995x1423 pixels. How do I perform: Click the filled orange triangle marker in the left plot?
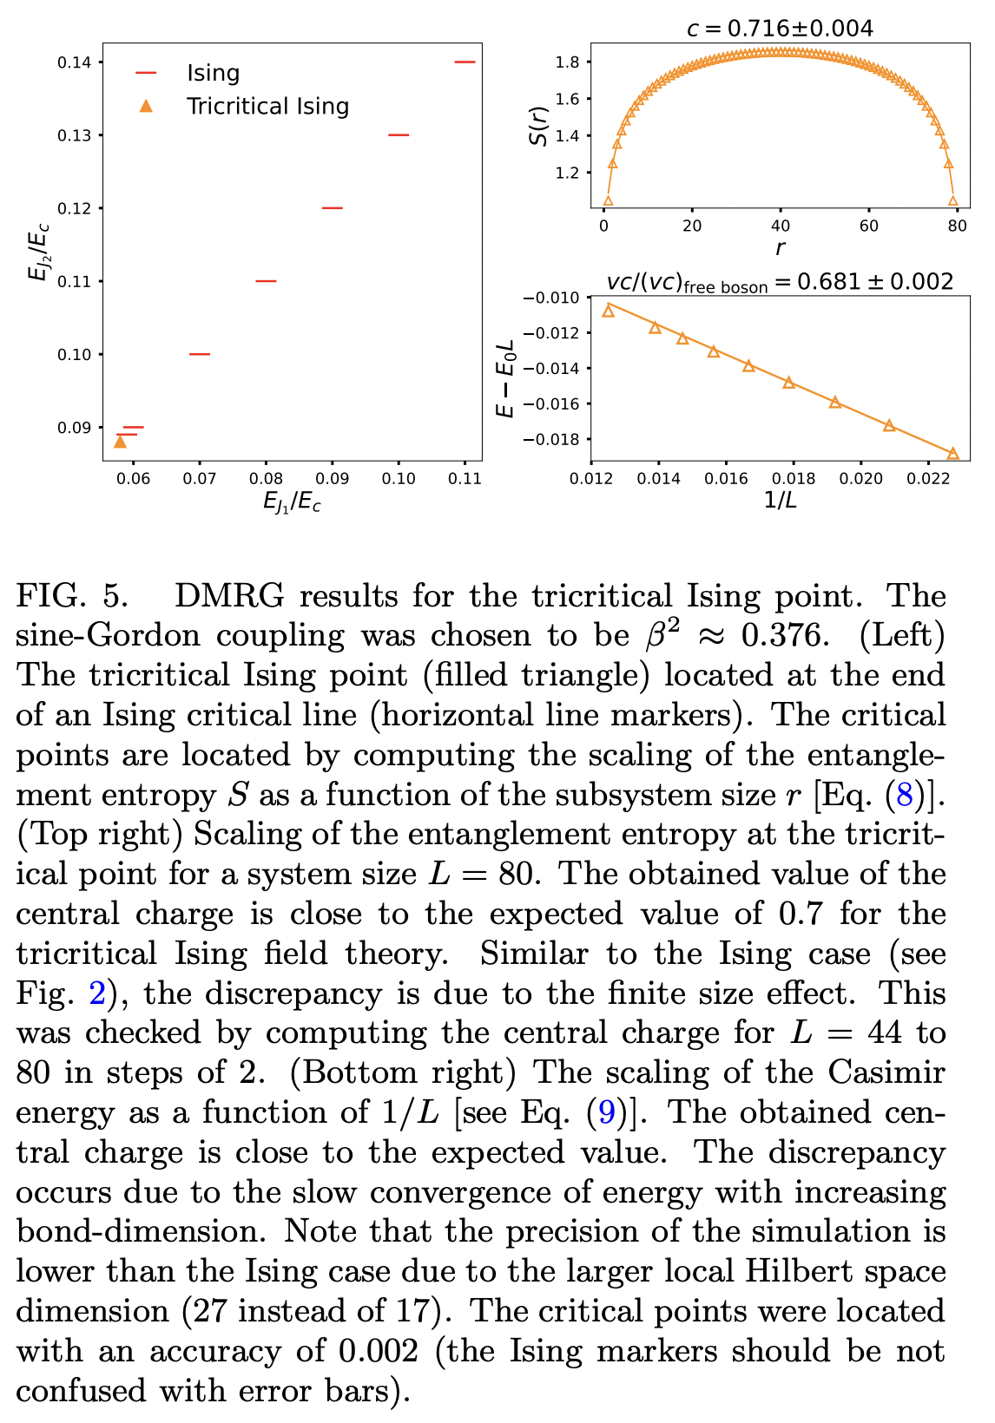tap(120, 443)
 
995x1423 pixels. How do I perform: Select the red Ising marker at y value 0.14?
tap(465, 62)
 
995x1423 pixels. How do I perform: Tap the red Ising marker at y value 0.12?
tap(332, 208)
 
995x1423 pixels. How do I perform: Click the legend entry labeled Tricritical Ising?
tap(267, 107)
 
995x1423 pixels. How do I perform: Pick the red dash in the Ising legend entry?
tap(146, 74)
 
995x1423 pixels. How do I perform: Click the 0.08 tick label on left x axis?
tap(266, 479)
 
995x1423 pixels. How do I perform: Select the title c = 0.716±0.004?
tap(779, 29)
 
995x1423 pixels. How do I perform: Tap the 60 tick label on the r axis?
tap(869, 226)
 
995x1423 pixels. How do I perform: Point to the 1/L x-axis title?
tap(779, 502)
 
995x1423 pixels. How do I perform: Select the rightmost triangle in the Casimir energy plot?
tap(952, 453)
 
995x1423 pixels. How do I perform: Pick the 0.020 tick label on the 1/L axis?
tap(861, 479)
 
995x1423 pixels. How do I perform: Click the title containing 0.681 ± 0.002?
tap(779, 282)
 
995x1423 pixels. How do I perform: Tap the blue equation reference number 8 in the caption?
tap(911, 795)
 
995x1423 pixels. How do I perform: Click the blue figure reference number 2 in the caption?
tap(96, 993)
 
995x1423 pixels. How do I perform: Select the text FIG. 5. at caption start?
tap(72, 597)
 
